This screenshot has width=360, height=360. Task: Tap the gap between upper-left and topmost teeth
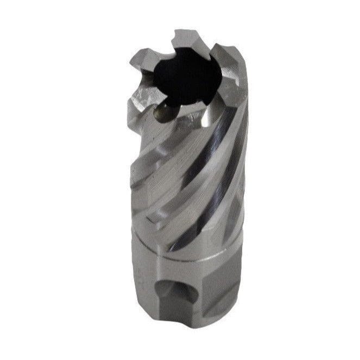166,46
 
